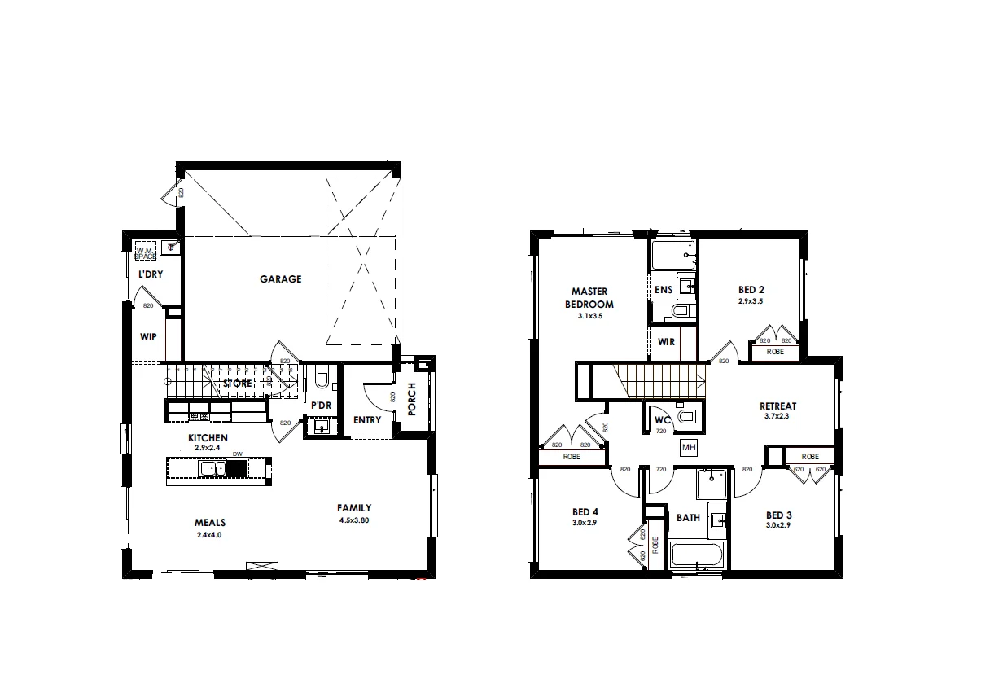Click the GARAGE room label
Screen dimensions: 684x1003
[280, 279]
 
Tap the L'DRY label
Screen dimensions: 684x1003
[150, 274]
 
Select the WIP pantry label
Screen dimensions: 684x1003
[148, 336]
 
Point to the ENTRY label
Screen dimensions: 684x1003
[367, 420]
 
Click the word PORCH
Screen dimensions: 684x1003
[412, 399]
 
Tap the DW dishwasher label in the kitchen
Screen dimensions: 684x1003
[238, 454]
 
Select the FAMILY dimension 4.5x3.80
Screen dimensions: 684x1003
[354, 520]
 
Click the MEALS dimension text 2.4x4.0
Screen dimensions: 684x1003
[209, 535]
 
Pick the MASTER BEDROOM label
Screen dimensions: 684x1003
[589, 297]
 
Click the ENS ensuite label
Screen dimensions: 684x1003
[663, 290]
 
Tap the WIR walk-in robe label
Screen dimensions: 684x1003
[666, 343]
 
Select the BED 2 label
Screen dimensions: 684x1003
[751, 290]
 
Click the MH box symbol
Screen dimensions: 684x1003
[688, 447]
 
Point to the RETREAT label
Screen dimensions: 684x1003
[777, 406]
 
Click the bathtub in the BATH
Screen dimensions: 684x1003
[696, 558]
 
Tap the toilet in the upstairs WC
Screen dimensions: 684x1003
[689, 418]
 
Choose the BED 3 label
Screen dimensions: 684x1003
[778, 515]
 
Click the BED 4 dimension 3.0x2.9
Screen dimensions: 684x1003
[585, 524]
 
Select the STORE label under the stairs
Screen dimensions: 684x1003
[238, 383]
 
